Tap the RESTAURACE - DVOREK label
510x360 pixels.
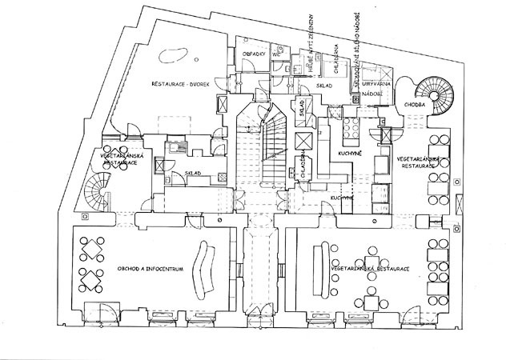pos(179,83)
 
